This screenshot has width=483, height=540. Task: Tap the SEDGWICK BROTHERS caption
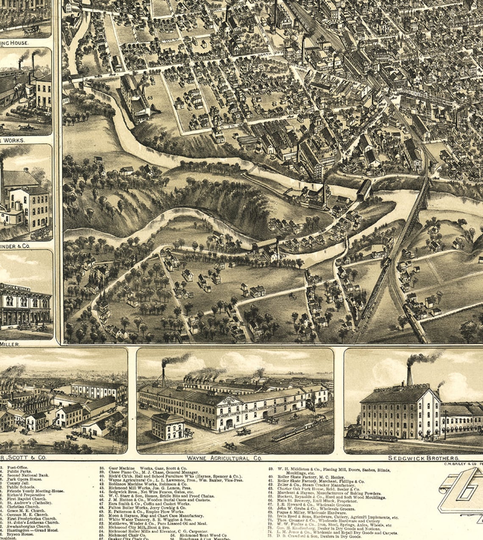point(423,458)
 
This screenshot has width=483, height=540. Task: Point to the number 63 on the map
point(150,98)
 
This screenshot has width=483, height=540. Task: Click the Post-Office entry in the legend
point(17,468)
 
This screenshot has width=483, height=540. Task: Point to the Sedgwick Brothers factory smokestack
point(409,375)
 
